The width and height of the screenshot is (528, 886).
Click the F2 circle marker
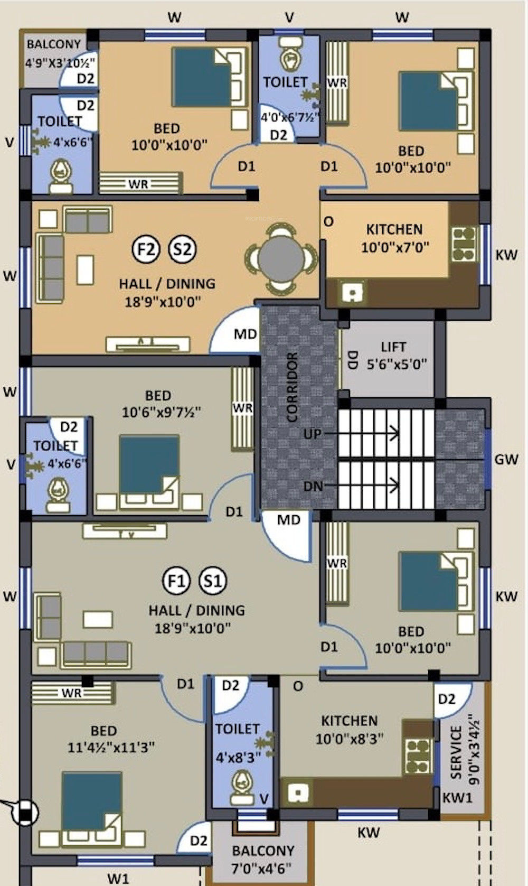coord(146,249)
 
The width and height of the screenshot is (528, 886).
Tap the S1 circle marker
coord(213,581)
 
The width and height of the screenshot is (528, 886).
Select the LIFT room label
coord(393,347)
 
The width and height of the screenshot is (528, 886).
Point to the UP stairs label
coord(312,434)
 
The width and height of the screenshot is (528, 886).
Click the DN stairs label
coord(313,486)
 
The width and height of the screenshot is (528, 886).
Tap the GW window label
coord(506,459)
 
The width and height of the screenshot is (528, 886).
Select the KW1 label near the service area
coord(457,798)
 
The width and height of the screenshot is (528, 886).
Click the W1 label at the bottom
coord(118,879)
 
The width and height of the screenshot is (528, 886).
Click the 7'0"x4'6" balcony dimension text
coord(261,868)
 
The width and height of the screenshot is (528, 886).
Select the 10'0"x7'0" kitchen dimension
coord(395,248)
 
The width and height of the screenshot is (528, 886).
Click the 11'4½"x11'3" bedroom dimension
coord(111,748)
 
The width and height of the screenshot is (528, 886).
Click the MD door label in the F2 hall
coord(246,334)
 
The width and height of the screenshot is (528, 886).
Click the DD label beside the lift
coord(352,360)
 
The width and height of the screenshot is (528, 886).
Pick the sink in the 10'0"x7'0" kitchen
coord(351,292)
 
